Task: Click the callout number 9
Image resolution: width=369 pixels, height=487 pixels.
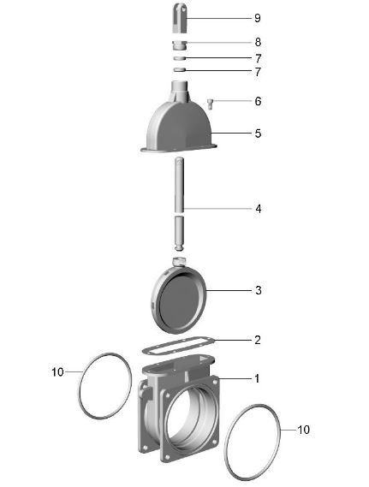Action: click(x=257, y=18)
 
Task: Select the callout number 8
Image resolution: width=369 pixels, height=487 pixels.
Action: click(x=258, y=42)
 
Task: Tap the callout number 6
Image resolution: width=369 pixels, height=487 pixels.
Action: click(x=258, y=101)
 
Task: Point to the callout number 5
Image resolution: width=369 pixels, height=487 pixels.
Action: click(x=258, y=134)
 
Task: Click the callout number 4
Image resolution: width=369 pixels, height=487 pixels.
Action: click(x=259, y=209)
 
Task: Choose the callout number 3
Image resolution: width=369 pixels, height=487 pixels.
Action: click(x=259, y=290)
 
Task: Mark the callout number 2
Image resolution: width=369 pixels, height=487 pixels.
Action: click(x=258, y=340)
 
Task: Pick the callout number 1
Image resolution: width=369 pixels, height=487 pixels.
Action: click(x=257, y=378)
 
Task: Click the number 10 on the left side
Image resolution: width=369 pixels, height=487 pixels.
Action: click(x=57, y=372)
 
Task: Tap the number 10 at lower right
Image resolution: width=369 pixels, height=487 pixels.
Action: click(x=303, y=430)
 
